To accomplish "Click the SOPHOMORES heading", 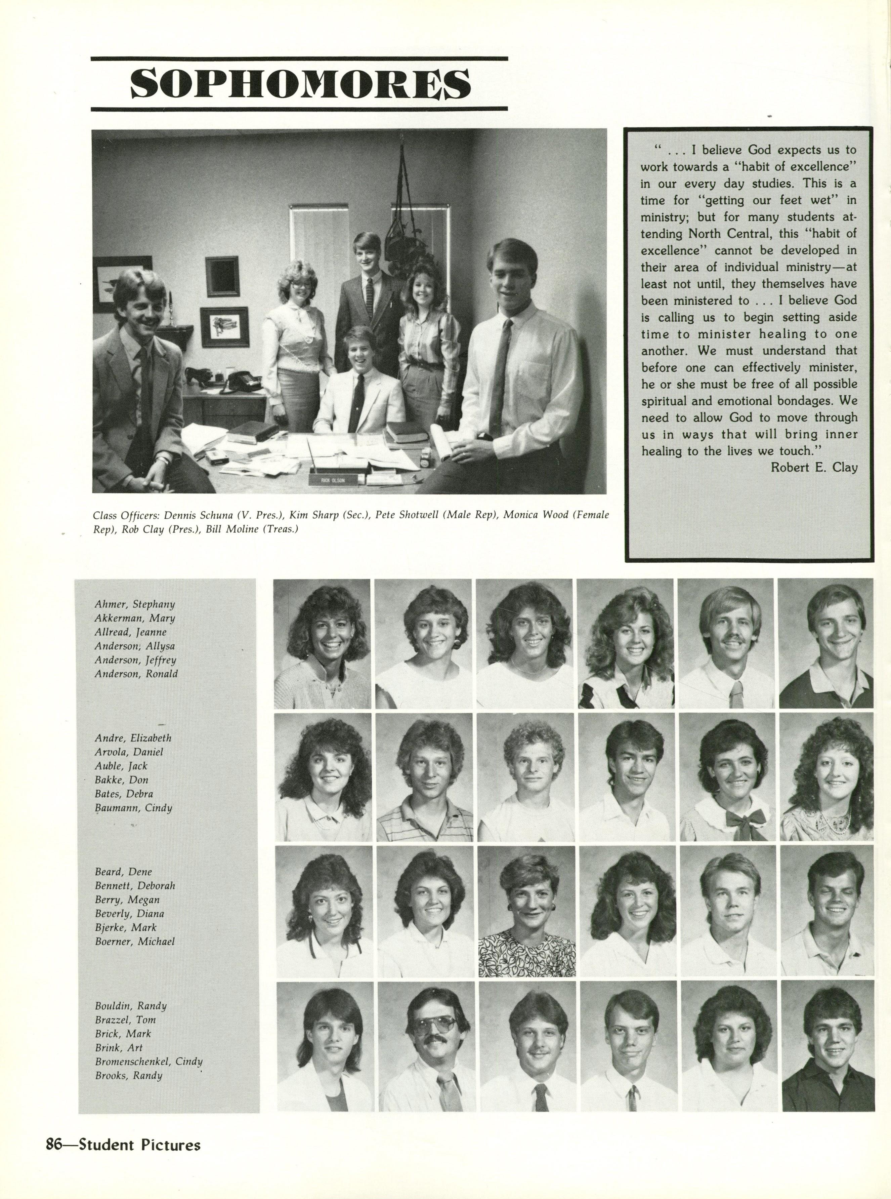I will pos(300,84).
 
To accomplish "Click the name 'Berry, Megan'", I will pos(127,900).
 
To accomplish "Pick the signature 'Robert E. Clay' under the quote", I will pos(813,467).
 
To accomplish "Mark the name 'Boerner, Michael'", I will pos(135,942).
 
